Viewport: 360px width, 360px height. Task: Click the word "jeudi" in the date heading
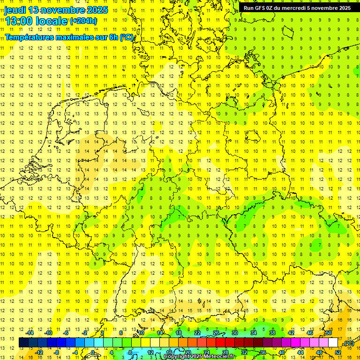pyautogui.click(x=15, y=10)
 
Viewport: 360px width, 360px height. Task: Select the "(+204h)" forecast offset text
pyautogui.click(x=83, y=21)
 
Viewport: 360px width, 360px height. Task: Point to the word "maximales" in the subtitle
pyautogui.click(x=75, y=37)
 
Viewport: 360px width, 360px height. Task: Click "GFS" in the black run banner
pyautogui.click(x=260, y=8)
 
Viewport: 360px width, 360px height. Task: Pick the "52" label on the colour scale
pyautogui.click(x=338, y=352)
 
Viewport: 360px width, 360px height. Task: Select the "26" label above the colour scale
pyautogui.click(x=216, y=333)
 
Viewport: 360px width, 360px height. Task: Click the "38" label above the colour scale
pyautogui.click(x=272, y=333)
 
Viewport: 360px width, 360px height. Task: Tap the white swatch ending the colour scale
pyautogui.click(x=333, y=343)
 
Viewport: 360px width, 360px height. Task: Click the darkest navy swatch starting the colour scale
pyautogui.click(x=23, y=343)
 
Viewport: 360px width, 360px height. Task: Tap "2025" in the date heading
pyautogui.click(x=97, y=10)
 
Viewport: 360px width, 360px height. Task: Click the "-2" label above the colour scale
pyautogui.click(x=85, y=333)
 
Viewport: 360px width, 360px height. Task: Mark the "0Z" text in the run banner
pyautogui.click(x=270, y=8)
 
